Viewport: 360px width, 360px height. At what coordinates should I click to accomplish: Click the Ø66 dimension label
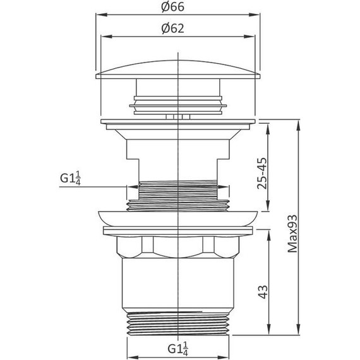(x=172, y=7)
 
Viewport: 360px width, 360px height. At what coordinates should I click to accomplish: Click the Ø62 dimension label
(x=172, y=28)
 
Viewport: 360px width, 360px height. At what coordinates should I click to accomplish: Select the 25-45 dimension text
(x=262, y=173)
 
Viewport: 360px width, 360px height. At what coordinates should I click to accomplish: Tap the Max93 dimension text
(x=292, y=234)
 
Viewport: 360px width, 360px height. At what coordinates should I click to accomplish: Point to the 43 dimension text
(x=263, y=292)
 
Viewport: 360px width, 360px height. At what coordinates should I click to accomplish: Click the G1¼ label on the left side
(x=70, y=178)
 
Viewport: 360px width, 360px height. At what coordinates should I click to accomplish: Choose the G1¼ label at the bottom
(x=178, y=349)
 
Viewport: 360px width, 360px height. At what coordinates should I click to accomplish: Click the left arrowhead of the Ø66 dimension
(x=102, y=15)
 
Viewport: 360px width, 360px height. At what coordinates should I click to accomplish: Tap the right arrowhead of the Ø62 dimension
(x=249, y=37)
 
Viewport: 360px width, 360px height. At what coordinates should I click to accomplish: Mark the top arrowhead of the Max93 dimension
(x=298, y=125)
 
